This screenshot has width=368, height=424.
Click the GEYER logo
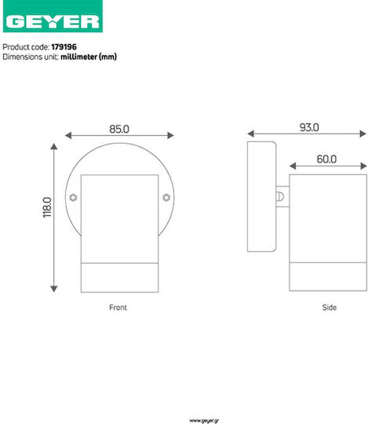tap(53, 16)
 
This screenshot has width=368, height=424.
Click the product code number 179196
tap(64, 47)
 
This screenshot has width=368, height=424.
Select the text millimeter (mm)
tap(89, 57)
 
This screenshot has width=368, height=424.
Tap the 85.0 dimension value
tap(119, 129)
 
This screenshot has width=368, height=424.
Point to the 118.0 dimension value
tap(47, 207)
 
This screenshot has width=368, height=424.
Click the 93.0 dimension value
tap(309, 127)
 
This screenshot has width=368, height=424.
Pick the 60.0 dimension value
tap(326, 159)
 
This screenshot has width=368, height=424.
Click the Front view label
tap(118, 308)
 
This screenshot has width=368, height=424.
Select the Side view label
tap(329, 308)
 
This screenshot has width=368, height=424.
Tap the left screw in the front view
tap(73, 198)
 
